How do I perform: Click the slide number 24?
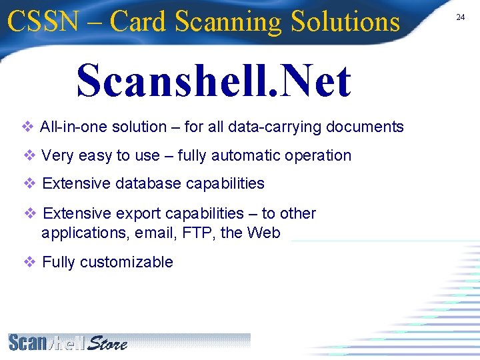[x=460, y=17]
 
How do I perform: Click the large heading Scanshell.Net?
[x=213, y=81]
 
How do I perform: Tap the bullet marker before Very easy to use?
[x=29, y=155]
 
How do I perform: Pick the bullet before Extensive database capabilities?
[x=29, y=183]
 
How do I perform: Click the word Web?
[x=264, y=233]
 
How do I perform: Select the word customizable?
[x=126, y=262]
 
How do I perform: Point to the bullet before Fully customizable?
[x=29, y=262]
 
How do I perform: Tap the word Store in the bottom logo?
[x=107, y=343]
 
